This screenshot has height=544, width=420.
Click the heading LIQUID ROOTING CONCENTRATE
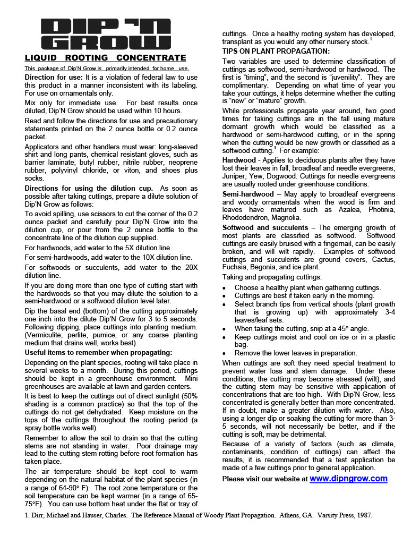pyautogui.click(x=106, y=58)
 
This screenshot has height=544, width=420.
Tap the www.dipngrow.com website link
pyautogui.click(x=348, y=479)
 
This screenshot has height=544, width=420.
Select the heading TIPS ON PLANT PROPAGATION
pyautogui.click(x=276, y=51)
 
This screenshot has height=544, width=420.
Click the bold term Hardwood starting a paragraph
pyautogui.click(x=238, y=160)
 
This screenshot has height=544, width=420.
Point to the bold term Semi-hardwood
pyautogui.click(x=248, y=194)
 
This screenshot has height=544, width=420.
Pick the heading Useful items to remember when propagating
pyautogui.click(x=98, y=352)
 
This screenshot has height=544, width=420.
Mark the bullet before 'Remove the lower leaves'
pyautogui.click(x=225, y=353)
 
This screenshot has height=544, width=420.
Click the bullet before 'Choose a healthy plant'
pyautogui.click(x=225, y=288)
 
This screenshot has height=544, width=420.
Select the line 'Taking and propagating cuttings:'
pyautogui.click(x=271, y=277)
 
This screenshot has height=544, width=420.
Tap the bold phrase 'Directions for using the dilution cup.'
pyautogui.click(x=89, y=189)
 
